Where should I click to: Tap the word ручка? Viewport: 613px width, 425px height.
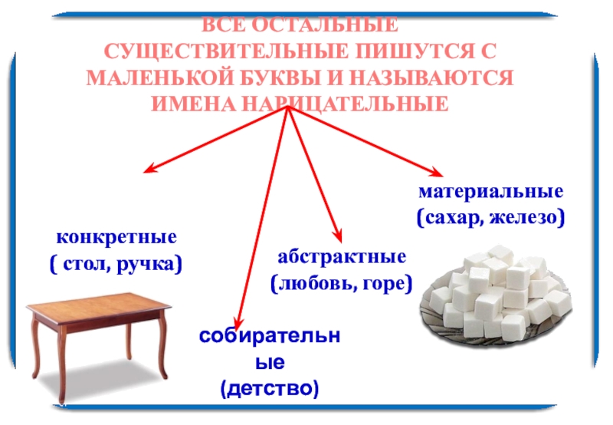[x=147, y=265]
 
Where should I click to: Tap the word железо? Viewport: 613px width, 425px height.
[x=529, y=219]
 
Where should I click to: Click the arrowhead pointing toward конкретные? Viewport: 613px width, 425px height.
[x=150, y=170]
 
